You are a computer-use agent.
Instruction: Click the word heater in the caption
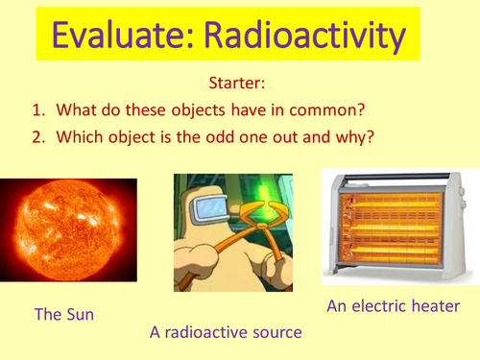(435, 306)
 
